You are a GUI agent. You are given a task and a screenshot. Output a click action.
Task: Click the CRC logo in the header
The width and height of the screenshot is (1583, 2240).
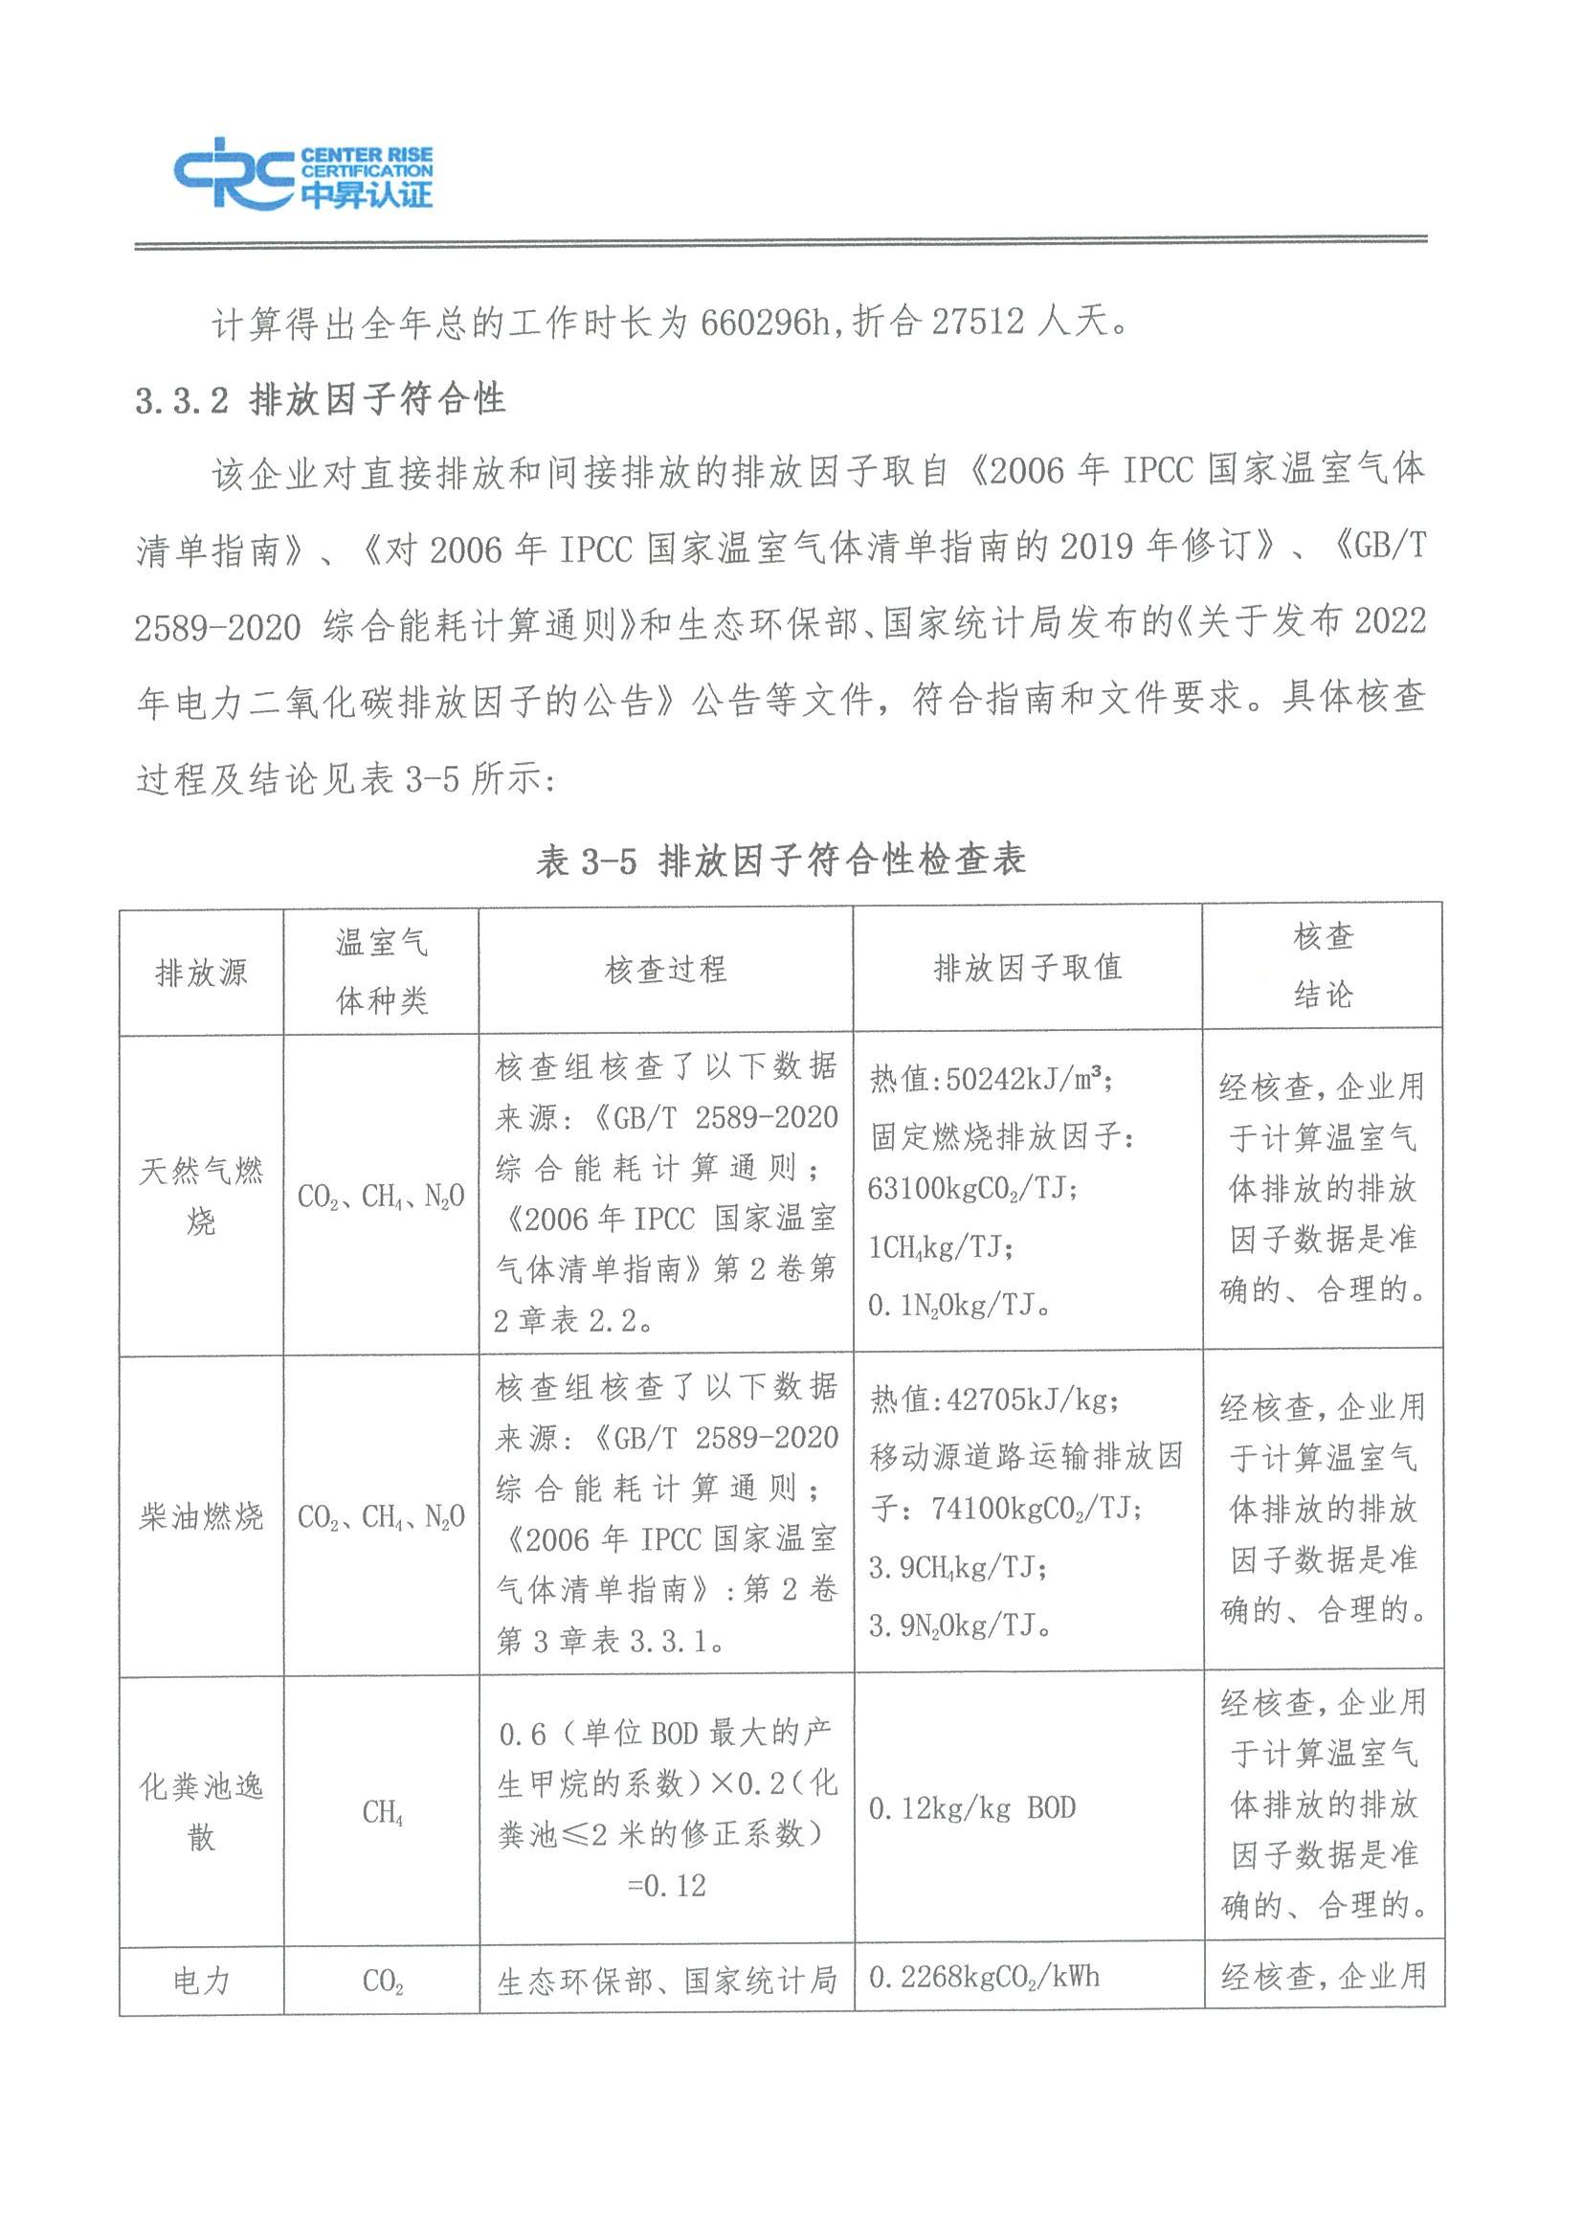302,173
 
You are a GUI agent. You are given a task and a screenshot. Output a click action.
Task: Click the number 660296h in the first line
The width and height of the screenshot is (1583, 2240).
766,322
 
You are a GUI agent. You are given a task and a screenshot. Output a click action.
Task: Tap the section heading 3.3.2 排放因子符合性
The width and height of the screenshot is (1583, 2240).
321,400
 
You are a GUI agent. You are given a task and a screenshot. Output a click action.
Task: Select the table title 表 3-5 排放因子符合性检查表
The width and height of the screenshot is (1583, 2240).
780,861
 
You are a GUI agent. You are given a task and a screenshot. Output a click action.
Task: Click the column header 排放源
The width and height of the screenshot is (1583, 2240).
201,973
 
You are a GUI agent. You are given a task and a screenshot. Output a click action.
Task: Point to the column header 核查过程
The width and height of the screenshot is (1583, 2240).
665,970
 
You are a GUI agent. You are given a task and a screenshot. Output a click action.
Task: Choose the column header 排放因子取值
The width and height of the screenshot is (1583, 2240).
1028,968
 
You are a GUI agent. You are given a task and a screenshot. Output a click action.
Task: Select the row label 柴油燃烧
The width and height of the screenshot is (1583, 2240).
201,1517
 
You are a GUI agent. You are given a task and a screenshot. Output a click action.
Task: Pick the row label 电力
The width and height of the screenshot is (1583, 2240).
201,1982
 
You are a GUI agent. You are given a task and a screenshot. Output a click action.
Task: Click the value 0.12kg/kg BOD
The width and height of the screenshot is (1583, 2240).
971,1809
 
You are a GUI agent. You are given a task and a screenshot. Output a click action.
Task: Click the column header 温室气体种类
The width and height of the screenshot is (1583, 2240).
381,972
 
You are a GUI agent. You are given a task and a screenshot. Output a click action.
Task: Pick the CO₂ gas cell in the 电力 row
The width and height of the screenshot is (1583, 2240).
382,1982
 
